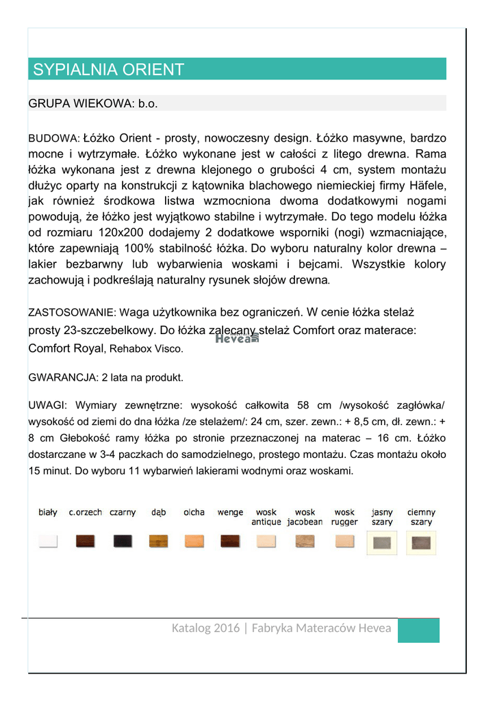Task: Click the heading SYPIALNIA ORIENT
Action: [x=109, y=69]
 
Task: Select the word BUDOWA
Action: [x=54, y=139]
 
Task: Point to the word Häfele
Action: [x=426, y=186]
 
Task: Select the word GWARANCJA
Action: [x=62, y=377]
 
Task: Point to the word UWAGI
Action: [x=47, y=405]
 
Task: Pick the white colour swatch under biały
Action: [x=47, y=541]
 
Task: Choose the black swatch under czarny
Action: [x=123, y=541]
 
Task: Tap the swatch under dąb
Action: [x=159, y=541]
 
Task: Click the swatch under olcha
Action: [x=194, y=541]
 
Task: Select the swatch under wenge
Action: [x=230, y=541]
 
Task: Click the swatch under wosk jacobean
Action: [x=305, y=541]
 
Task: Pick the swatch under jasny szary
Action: [x=381, y=541]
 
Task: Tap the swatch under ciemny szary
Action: [x=421, y=541]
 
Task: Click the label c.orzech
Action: [x=86, y=512]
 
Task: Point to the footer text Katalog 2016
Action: [x=205, y=628]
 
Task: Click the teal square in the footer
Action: [x=418, y=630]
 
